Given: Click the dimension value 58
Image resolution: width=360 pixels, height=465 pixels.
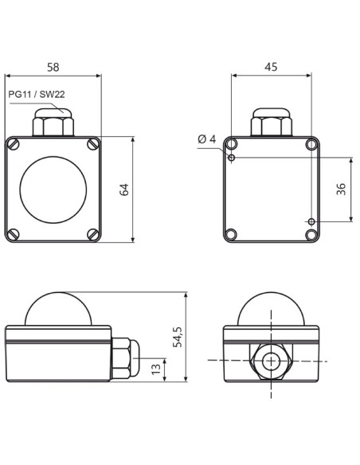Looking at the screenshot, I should click(53, 68).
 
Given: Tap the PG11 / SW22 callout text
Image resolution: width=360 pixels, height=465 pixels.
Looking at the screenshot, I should click(36, 94).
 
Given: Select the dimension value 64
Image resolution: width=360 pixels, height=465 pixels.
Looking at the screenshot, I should click(123, 190).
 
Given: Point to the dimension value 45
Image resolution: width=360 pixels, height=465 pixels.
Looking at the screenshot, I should click(271, 68).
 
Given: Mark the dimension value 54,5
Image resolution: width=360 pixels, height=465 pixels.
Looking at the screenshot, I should click(178, 337).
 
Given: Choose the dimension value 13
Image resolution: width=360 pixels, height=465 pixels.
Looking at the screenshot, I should click(155, 368).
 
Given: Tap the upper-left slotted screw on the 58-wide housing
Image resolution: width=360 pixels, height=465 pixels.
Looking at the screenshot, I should click(14, 144).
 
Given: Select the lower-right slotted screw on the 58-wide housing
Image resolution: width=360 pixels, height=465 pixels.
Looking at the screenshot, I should click(92, 234).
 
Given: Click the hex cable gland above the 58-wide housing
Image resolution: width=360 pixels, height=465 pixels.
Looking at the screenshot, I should click(53, 124).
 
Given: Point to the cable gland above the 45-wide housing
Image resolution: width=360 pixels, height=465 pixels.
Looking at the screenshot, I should click(271, 124).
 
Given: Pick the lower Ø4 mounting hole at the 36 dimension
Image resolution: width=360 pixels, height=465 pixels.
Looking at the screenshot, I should click(311, 221).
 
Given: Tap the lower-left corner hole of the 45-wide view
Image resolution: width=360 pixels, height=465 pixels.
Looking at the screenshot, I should click(231, 235).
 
